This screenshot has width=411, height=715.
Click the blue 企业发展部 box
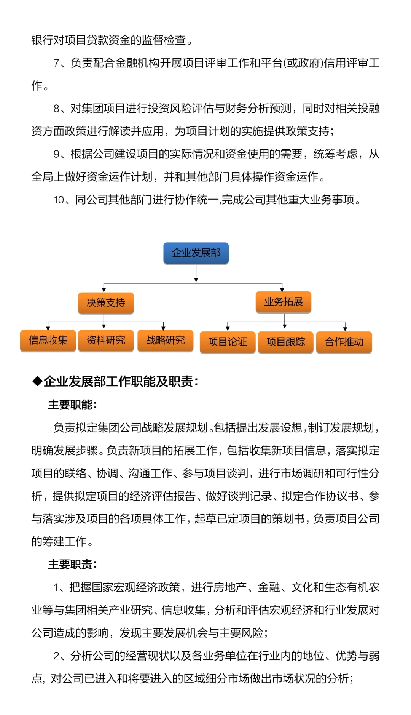click(x=196, y=253)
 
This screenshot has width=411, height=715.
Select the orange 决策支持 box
click(x=106, y=303)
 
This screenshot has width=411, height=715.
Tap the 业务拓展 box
click(x=284, y=302)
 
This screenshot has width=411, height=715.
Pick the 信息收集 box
click(x=48, y=340)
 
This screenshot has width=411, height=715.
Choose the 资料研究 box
click(x=106, y=340)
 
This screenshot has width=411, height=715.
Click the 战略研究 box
click(x=165, y=340)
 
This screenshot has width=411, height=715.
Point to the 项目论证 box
click(x=228, y=342)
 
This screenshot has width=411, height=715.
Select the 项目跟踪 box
click(x=285, y=342)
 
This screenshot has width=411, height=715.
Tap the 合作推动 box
click(x=344, y=342)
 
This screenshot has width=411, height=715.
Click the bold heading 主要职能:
click(x=72, y=405)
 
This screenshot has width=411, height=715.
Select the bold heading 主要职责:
click(x=72, y=564)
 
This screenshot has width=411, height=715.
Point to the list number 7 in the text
click(x=57, y=63)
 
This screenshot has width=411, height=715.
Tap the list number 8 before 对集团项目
click(x=57, y=109)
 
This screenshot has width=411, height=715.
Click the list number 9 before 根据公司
click(x=57, y=154)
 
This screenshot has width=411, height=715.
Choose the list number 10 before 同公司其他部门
click(x=59, y=200)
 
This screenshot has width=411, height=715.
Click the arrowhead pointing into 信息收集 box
click(x=48, y=328)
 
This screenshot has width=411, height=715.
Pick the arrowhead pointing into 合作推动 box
click(x=345, y=329)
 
